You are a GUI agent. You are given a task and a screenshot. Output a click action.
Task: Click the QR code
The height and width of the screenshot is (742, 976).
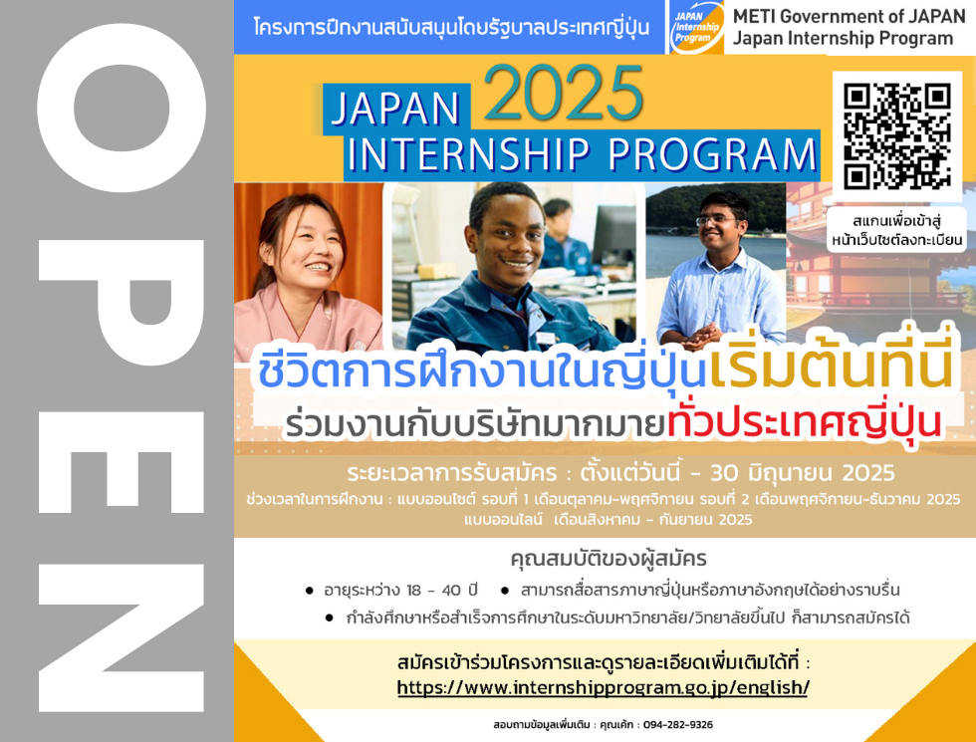coord(897,135)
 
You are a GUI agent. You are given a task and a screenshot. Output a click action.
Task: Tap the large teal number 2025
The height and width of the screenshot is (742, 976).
coord(564,93)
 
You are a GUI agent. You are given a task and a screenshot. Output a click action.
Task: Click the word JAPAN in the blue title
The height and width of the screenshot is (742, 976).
coord(395,109)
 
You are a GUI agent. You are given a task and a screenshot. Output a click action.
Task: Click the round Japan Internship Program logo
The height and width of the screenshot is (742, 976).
coord(697,27)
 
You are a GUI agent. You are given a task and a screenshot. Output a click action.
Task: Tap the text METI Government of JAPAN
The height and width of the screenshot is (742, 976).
coord(849,16)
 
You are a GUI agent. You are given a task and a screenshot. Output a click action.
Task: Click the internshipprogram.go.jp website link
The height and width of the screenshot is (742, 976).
coord(603,687)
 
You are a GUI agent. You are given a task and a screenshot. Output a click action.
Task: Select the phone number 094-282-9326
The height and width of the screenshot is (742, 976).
coord(678,725)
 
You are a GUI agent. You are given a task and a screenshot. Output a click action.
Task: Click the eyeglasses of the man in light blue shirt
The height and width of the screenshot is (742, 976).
coord(716,220)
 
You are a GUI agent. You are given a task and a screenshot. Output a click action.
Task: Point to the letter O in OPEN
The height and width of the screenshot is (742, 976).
coord(122,108)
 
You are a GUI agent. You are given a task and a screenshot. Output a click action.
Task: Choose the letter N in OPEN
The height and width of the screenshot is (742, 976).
coord(122,637)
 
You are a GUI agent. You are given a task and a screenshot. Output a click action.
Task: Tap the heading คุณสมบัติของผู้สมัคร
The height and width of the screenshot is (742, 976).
coord(609,559)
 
